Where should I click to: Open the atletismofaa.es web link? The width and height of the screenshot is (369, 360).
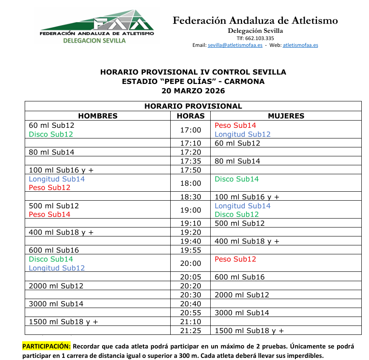tap(300, 45)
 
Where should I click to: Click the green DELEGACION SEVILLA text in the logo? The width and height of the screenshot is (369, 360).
tap(94, 40)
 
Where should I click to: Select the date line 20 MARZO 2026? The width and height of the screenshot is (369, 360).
tap(193, 91)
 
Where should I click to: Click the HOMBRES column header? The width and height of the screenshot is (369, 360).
tap(97, 116)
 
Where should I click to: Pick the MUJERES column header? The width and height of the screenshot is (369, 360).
tap(286, 116)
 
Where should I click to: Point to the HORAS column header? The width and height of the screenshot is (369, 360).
tap(190, 116)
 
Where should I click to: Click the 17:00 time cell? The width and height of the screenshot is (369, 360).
tap(190, 130)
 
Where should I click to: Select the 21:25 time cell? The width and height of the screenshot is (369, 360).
tap(190, 331)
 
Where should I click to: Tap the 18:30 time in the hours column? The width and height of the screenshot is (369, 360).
tap(190, 197)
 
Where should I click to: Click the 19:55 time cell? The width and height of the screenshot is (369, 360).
tap(190, 250)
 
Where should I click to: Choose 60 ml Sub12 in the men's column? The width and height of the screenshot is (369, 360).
tap(51, 126)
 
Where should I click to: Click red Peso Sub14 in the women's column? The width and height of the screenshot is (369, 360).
tap(235, 126)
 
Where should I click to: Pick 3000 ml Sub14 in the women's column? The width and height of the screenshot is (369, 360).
tap(242, 313)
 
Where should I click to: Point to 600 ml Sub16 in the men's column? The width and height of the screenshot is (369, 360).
tap(54, 250)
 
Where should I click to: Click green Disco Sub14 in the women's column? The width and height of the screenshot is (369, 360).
tap(237, 179)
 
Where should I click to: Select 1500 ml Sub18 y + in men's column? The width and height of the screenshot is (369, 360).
tap(63, 322)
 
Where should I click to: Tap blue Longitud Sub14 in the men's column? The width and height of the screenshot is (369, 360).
tap(57, 179)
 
